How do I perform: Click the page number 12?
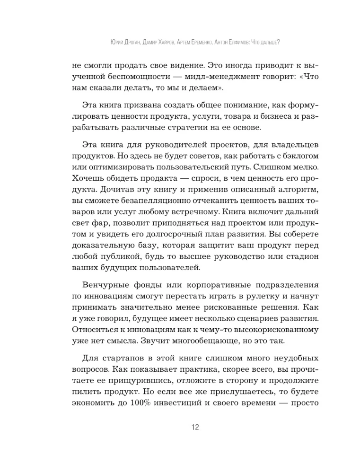point(194,428)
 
